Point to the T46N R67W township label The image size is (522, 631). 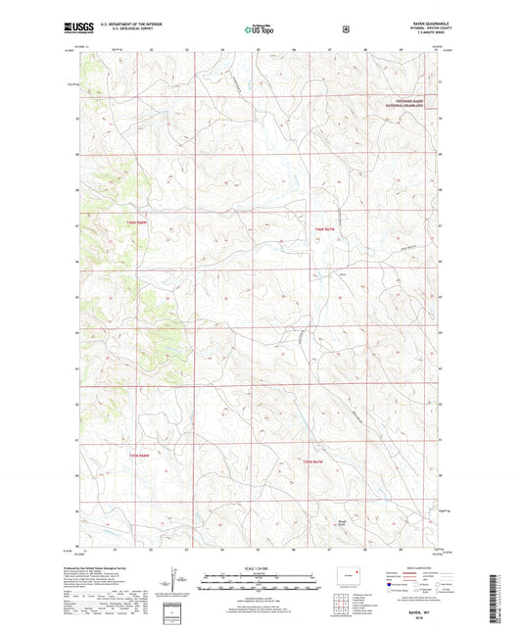(x=324, y=228)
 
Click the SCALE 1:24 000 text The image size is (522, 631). (x=260, y=568)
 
